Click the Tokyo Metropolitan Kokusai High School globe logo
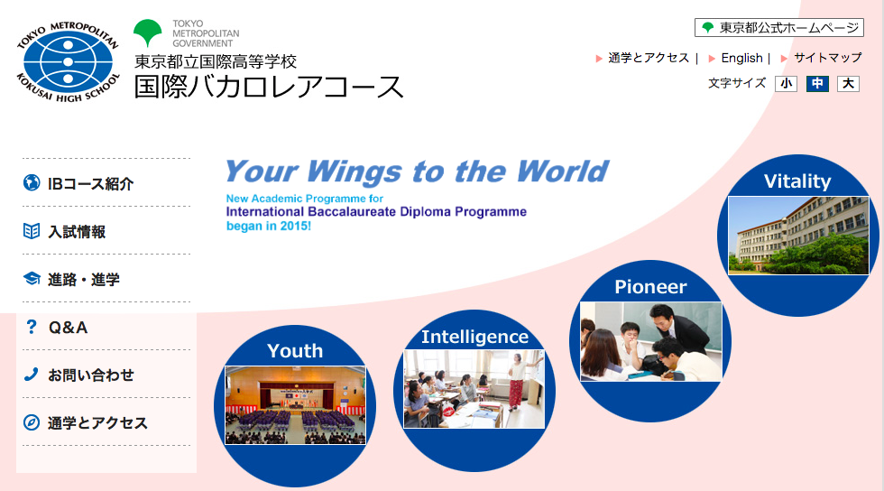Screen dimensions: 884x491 click(69, 62)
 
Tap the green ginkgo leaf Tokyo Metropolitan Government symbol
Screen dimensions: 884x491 click(148, 32)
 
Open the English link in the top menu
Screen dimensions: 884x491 click(741, 58)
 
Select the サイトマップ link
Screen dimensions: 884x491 click(828, 58)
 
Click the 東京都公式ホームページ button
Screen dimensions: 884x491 click(779, 28)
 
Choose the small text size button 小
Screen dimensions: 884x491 click(786, 84)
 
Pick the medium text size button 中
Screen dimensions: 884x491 click(817, 84)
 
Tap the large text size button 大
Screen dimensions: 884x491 click(848, 84)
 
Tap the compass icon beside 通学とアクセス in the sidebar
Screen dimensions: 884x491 click(32, 422)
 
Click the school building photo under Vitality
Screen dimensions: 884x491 click(798, 236)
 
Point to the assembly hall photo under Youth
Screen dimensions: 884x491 click(296, 405)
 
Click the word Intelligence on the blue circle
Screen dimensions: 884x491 click(474, 337)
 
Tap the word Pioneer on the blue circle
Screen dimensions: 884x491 click(650, 287)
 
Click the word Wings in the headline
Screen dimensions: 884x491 click(354, 172)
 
